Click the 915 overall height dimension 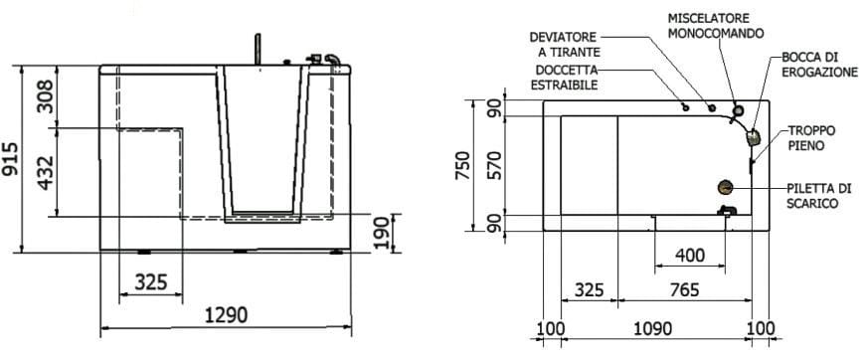click(x=13, y=159)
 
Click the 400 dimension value click(x=689, y=256)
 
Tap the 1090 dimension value click(x=652, y=329)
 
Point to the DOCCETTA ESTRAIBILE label click(x=567, y=78)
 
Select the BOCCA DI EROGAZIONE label click(x=819, y=65)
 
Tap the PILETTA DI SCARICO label click(x=816, y=195)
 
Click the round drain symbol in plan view click(x=726, y=185)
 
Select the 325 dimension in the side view click(x=150, y=282)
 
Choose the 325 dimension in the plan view click(x=590, y=290)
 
